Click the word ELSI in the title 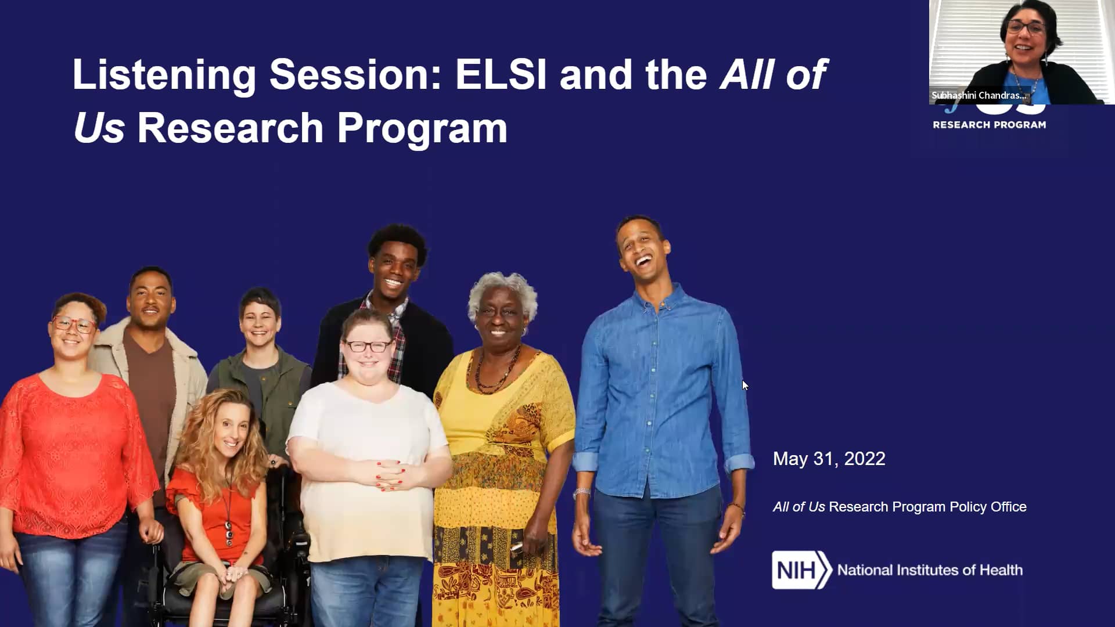(x=501, y=75)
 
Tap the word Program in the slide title (x=422, y=128)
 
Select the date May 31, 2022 (x=829, y=459)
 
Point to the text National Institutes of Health (x=930, y=570)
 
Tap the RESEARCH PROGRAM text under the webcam (x=989, y=125)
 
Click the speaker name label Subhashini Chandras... (x=979, y=95)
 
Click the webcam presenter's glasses (x=1026, y=27)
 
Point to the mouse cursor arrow (x=745, y=385)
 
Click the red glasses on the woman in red (x=75, y=324)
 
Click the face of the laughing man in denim (x=643, y=250)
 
